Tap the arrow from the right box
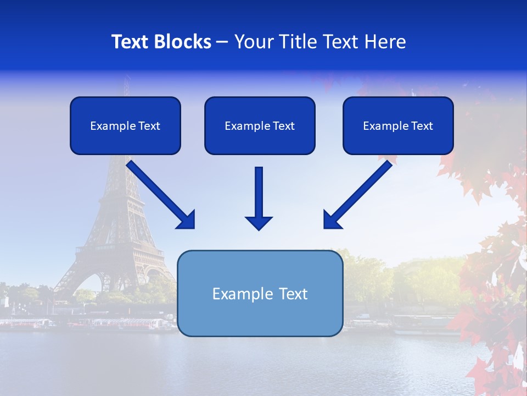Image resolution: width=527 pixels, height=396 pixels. [x=362, y=190]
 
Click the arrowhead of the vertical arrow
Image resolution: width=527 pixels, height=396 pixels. [x=259, y=222]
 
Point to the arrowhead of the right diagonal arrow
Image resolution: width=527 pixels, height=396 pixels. [x=332, y=220]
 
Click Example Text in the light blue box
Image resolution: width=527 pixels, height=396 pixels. [x=260, y=294]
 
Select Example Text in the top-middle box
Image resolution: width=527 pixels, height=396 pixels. [x=260, y=126]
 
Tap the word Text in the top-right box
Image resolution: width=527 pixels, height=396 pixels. [x=422, y=126]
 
